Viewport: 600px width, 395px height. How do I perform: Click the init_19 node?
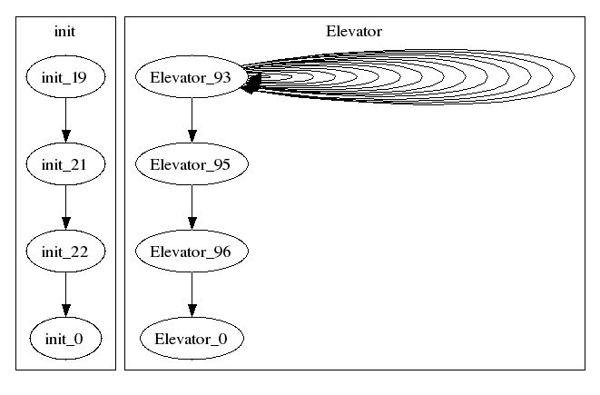point(65,77)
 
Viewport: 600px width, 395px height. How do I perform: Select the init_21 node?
point(65,163)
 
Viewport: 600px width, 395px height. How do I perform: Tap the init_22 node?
point(65,252)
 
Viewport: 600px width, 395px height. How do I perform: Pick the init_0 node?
point(65,339)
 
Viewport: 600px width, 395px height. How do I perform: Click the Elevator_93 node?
point(192,77)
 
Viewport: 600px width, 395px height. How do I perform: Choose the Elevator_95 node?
point(192,163)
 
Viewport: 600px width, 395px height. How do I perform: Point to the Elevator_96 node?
point(192,252)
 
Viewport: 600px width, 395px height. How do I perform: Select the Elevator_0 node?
point(192,339)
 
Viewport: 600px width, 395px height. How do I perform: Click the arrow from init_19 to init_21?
point(66,120)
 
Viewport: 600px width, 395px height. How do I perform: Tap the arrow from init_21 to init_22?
point(66,207)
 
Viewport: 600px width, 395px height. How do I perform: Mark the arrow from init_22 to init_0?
point(66,295)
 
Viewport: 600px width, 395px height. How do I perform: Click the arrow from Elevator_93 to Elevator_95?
point(192,120)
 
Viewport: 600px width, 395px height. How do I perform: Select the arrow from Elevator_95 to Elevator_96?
point(192,207)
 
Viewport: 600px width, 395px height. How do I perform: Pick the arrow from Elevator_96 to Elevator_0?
point(192,295)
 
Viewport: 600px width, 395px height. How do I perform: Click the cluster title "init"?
point(64,32)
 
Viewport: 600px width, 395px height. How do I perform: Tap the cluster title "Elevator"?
point(354,32)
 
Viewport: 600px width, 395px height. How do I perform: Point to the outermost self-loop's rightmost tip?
point(575,77)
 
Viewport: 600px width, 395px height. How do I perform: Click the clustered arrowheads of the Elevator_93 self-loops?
point(252,83)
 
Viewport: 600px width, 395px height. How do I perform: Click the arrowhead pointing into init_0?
point(66,311)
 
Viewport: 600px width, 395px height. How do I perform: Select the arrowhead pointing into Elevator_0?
point(192,311)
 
